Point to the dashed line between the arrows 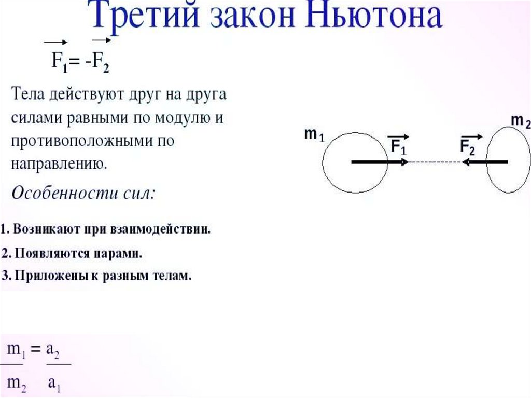click(436, 162)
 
